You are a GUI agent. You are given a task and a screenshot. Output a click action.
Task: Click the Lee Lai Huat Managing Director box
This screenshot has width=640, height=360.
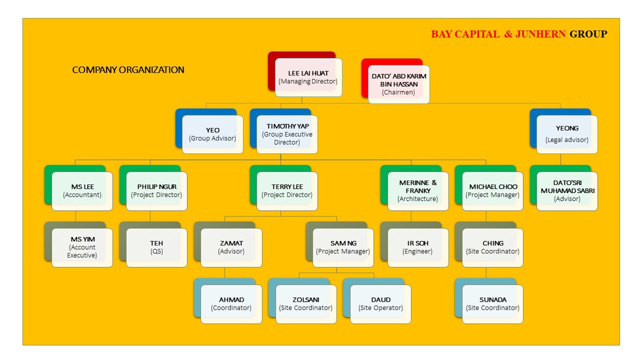coord(308,77)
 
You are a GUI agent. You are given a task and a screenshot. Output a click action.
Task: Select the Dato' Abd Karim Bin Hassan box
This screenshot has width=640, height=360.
coord(399,84)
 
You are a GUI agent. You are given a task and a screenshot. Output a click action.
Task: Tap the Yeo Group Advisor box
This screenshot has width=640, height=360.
coord(212,134)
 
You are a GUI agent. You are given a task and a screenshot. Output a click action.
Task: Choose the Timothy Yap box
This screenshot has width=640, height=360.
coord(287,134)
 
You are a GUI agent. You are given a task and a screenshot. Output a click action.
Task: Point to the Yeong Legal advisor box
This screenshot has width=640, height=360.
coord(567,134)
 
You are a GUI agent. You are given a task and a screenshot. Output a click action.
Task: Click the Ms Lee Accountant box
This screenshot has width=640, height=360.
coord(82,191)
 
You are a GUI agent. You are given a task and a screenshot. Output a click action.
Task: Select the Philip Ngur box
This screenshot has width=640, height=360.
coord(157,191)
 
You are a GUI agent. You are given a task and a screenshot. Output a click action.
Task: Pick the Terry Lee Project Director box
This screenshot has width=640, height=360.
coord(287,191)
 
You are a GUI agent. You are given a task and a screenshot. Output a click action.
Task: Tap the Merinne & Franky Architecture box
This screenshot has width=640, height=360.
coord(418,191)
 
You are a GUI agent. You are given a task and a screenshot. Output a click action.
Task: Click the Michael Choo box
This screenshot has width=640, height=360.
coord(492,191)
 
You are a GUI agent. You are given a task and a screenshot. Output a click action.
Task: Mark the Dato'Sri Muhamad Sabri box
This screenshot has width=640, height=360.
coord(567,191)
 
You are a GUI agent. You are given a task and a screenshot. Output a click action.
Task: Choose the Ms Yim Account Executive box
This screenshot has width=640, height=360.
coord(82,248)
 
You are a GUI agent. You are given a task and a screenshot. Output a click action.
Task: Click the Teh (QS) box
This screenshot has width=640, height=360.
coord(157,248)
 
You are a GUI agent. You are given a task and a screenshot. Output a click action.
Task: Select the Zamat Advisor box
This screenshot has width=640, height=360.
coord(231,248)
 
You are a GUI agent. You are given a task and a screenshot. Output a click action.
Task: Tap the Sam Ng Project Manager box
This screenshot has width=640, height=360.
coord(343,248)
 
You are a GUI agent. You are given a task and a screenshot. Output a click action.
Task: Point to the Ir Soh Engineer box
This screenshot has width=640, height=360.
coord(418,248)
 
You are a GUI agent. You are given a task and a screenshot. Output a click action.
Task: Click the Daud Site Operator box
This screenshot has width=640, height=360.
coord(381,304)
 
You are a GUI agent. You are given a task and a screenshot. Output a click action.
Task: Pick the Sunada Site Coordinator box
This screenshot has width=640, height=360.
coord(492,304)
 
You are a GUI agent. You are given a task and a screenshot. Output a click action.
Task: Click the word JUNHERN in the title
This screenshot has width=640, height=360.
coord(540,34)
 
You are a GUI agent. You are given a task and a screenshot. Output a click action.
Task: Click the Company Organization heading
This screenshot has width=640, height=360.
coord(128,70)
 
